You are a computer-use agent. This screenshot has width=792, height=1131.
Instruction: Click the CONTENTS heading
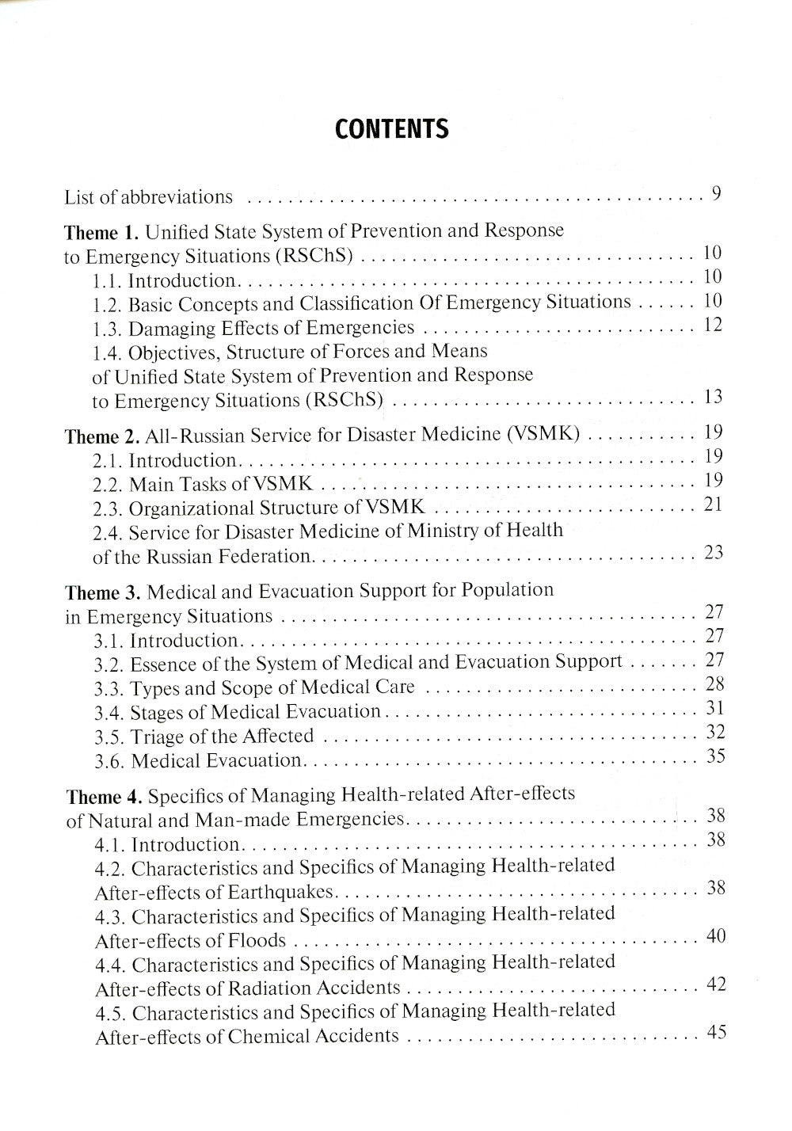[x=391, y=129]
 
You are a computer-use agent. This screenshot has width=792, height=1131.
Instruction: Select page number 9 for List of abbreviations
[x=715, y=193]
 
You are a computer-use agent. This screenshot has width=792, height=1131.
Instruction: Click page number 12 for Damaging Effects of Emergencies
[x=713, y=325]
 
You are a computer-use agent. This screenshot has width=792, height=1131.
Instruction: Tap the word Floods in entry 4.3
[x=257, y=941]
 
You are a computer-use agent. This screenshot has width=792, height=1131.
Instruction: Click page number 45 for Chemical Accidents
[x=716, y=1033]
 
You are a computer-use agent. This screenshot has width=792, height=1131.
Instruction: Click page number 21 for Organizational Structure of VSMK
[x=713, y=504]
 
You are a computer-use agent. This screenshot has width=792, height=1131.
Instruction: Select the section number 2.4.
[x=107, y=532]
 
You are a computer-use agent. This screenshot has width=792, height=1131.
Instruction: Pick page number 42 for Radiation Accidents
[x=716, y=984]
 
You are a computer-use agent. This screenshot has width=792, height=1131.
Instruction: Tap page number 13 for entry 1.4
[x=712, y=397]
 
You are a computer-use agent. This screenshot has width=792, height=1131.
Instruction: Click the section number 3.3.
[x=109, y=688]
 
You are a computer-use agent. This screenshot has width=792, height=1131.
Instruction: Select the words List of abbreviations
[x=149, y=197]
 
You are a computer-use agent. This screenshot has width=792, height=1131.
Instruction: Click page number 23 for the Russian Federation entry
[x=714, y=552]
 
